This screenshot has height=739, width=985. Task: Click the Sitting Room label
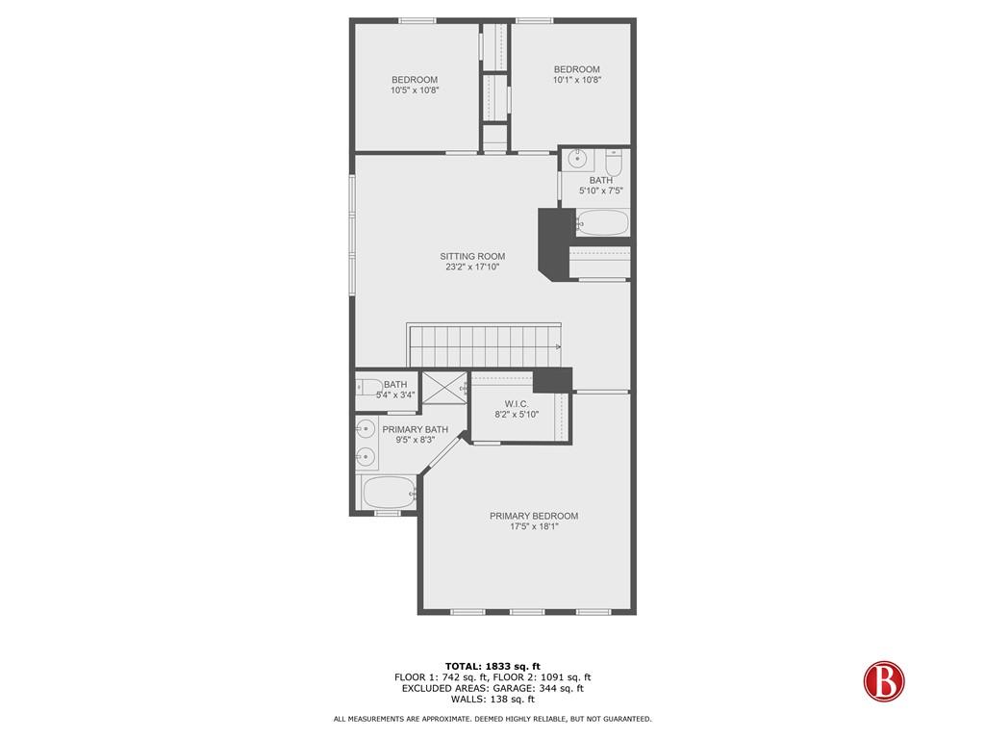click(472, 256)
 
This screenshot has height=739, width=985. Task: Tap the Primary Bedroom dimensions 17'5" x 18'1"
click(534, 526)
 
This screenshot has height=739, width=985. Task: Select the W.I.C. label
click(517, 404)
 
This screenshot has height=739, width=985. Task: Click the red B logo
click(884, 681)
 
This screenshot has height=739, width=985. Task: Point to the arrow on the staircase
click(557, 346)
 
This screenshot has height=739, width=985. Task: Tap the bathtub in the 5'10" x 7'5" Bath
click(602, 222)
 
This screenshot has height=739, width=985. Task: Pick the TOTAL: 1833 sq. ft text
click(492, 666)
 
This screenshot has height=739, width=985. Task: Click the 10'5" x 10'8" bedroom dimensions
click(415, 90)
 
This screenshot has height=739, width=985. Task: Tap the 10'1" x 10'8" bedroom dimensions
click(577, 80)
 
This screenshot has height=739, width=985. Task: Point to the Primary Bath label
click(416, 430)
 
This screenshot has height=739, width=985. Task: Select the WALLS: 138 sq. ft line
click(492, 699)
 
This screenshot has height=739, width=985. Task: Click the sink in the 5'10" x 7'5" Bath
click(578, 159)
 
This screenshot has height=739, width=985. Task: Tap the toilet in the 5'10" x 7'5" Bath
click(614, 162)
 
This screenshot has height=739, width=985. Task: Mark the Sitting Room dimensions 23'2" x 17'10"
click(472, 268)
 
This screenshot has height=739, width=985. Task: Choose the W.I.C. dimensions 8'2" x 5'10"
click(517, 415)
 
